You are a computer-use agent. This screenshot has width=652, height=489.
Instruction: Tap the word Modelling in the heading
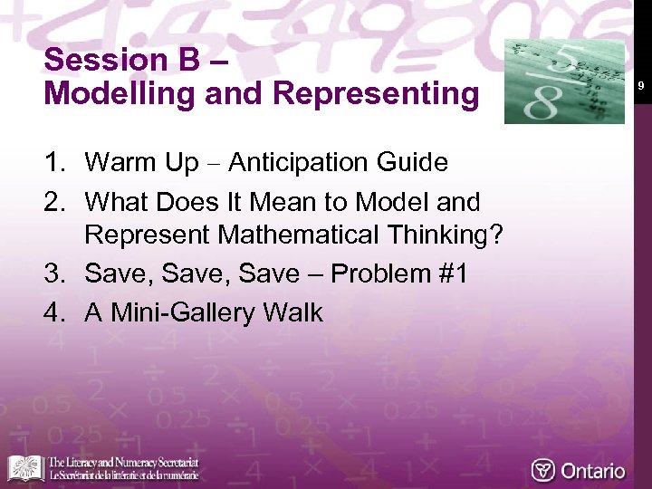tap(111, 95)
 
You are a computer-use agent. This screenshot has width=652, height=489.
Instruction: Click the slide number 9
tap(640, 86)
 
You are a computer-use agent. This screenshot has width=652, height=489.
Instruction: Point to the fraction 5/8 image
tap(563, 82)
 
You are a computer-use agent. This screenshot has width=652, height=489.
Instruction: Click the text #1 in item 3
tap(453, 274)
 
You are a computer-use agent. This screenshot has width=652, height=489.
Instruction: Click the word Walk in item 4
tap(292, 313)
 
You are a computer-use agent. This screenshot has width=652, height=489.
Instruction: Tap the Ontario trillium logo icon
tap(542, 471)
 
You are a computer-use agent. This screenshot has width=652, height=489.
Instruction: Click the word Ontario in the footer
tap(592, 471)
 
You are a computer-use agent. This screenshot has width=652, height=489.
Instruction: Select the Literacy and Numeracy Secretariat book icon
tap(25, 468)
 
